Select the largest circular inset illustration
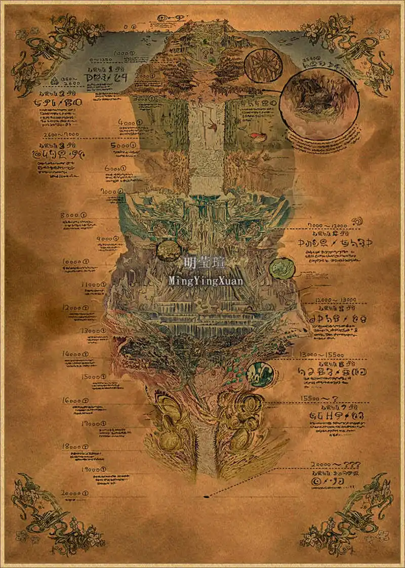click(319, 104)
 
